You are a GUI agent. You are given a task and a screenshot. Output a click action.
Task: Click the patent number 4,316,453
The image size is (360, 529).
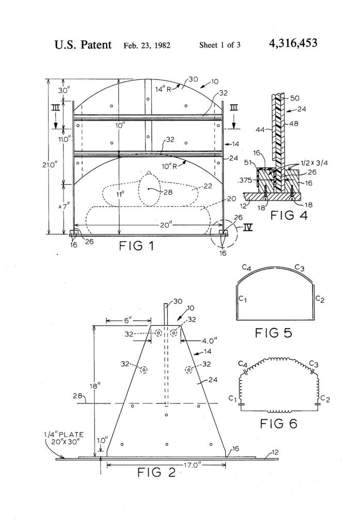[293, 43]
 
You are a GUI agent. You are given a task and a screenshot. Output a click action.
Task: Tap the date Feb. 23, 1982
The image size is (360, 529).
[147, 45]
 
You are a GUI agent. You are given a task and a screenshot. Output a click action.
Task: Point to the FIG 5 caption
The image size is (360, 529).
[273, 333]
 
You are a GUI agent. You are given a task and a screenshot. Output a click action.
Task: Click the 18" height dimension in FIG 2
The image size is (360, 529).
[99, 385]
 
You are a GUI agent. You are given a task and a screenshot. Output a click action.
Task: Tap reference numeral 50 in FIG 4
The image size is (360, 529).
[294, 98]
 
